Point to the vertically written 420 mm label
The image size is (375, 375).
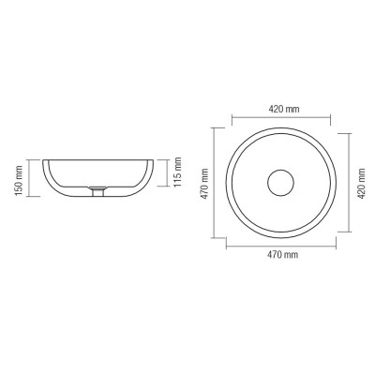[x=362, y=181]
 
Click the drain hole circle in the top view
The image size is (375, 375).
[x=280, y=181]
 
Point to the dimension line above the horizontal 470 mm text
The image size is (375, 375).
[x=280, y=244]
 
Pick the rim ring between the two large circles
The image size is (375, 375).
[x=280, y=132]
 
